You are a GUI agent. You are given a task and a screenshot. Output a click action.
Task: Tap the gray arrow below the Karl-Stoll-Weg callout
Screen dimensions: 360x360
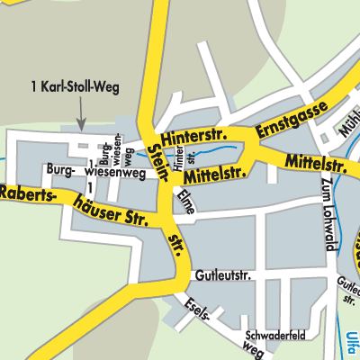tap(80, 115)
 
